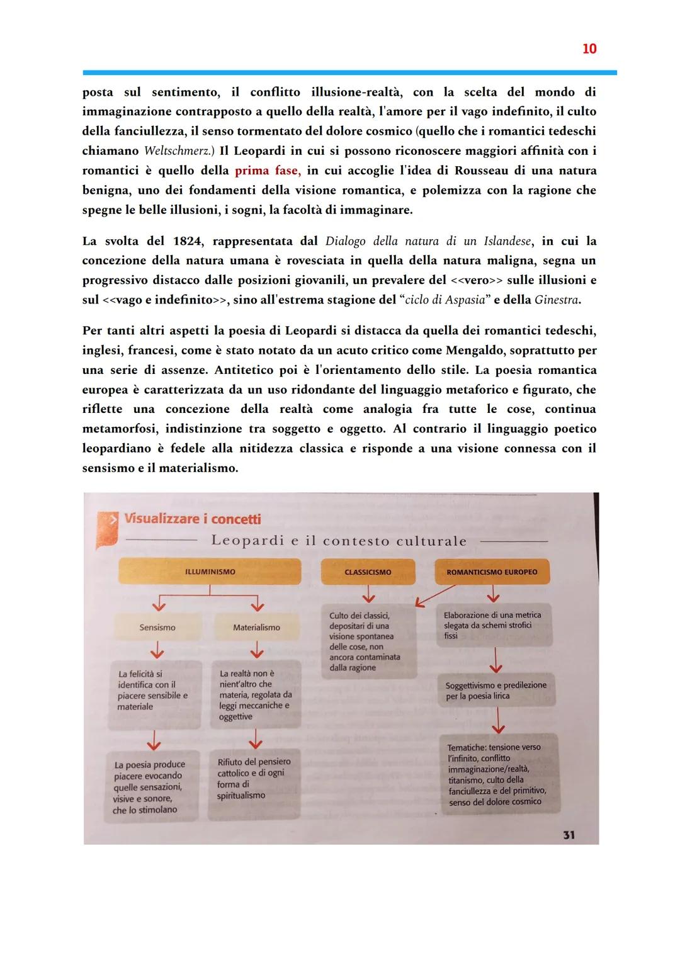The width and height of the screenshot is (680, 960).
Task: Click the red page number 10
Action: tap(589, 48)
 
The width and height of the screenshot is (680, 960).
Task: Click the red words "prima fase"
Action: tap(266, 171)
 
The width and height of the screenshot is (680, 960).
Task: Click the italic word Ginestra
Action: tap(557, 300)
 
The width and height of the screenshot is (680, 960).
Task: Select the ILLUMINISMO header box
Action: tap(210, 572)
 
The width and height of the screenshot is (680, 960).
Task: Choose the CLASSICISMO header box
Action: tap(368, 572)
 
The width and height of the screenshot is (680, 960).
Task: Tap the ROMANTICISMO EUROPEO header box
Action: tap(492, 572)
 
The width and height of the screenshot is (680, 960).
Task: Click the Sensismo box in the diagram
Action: tap(157, 628)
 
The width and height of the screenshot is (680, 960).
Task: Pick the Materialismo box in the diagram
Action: tap(256, 628)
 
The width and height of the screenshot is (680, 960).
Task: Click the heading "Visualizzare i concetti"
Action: tap(192, 519)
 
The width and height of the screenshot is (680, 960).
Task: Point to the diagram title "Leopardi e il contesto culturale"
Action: tap(339, 541)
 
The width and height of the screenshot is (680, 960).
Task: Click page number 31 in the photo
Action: tap(569, 835)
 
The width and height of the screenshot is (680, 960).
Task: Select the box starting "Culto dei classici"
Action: tap(368, 641)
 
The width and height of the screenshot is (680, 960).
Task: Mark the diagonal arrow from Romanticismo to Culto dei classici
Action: tap(435, 596)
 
